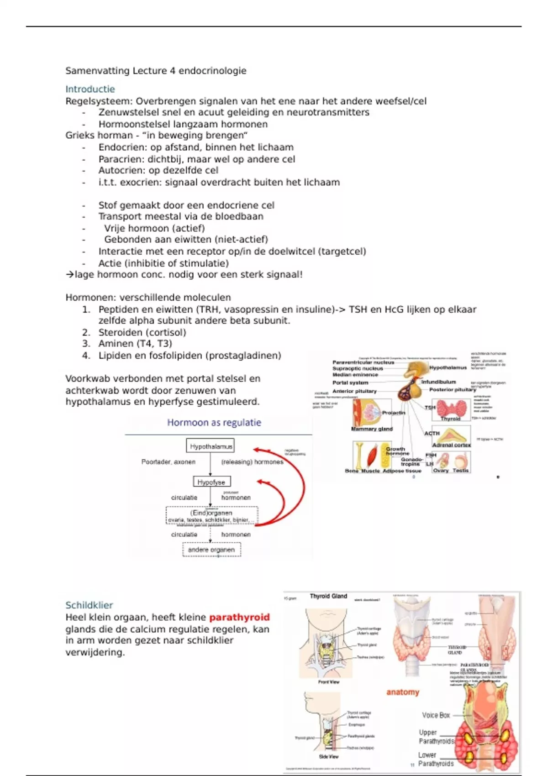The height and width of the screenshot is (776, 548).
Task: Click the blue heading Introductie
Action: [90, 89]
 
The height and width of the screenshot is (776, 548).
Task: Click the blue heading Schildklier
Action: [89, 605]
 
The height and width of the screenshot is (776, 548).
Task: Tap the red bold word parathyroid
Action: [239, 617]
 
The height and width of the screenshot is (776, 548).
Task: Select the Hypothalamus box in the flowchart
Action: [211, 446]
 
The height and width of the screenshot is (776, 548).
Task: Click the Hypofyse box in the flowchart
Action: [211, 482]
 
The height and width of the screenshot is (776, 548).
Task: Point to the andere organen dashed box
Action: [211, 550]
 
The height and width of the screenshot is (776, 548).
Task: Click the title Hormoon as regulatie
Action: [214, 423]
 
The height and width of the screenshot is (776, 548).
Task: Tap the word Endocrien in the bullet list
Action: [120, 147]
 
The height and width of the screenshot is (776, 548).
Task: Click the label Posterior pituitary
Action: [452, 389]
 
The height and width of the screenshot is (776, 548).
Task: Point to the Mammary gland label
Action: [372, 429]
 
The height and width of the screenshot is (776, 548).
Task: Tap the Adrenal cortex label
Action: [451, 445]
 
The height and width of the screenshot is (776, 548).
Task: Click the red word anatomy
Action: [402, 692]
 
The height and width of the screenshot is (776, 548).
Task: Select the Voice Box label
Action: [436, 715]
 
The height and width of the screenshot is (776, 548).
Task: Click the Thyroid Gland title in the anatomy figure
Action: [328, 596]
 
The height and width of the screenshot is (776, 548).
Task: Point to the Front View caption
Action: [329, 682]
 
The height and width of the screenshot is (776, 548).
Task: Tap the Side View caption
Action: [329, 756]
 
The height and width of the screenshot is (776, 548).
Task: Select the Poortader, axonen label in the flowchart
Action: [168, 462]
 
